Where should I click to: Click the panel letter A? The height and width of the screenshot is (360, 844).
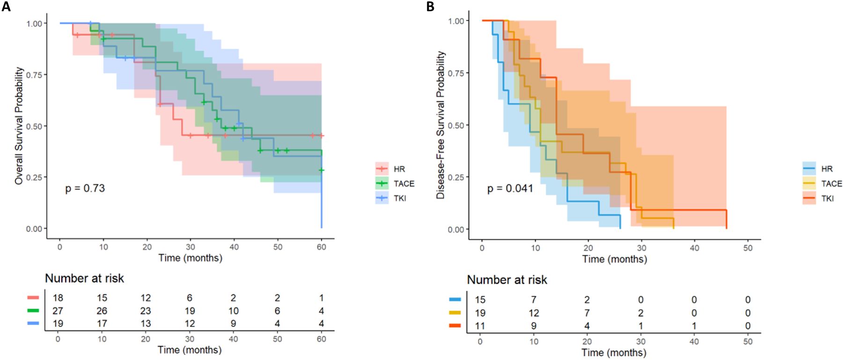tap(6, 7)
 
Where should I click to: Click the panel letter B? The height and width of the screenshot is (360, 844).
tap(430, 7)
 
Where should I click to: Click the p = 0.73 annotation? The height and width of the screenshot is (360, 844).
tap(85, 188)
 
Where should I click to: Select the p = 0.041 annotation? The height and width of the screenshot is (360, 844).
tap(510, 188)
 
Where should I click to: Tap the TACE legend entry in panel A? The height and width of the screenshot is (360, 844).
tap(403, 184)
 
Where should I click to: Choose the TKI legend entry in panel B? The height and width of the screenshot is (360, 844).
tap(827, 198)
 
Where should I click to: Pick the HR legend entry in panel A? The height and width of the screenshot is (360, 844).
tap(399, 169)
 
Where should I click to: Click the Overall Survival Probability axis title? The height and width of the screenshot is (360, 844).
tap(19, 125)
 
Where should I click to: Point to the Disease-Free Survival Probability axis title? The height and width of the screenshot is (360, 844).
tap(440, 125)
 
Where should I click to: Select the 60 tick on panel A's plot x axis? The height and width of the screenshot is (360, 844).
tap(321, 247)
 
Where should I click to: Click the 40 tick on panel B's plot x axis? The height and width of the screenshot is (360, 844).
tap(694, 248)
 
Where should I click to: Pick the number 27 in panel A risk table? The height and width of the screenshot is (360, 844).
tap(58, 311)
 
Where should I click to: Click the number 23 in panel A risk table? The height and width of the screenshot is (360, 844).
tap(146, 311)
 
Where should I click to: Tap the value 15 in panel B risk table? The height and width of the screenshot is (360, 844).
tap(480, 300)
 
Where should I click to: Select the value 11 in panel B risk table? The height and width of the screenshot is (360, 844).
tap(480, 326)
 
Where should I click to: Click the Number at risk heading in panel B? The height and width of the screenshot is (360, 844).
tap(507, 280)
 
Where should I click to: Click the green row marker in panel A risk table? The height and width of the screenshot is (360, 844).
tap(33, 310)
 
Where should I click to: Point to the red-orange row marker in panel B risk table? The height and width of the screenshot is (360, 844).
tap(455, 325)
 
